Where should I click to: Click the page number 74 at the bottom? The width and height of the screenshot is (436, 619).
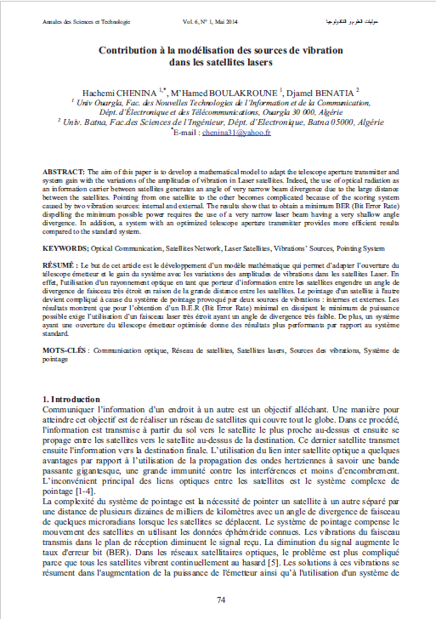220,600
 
